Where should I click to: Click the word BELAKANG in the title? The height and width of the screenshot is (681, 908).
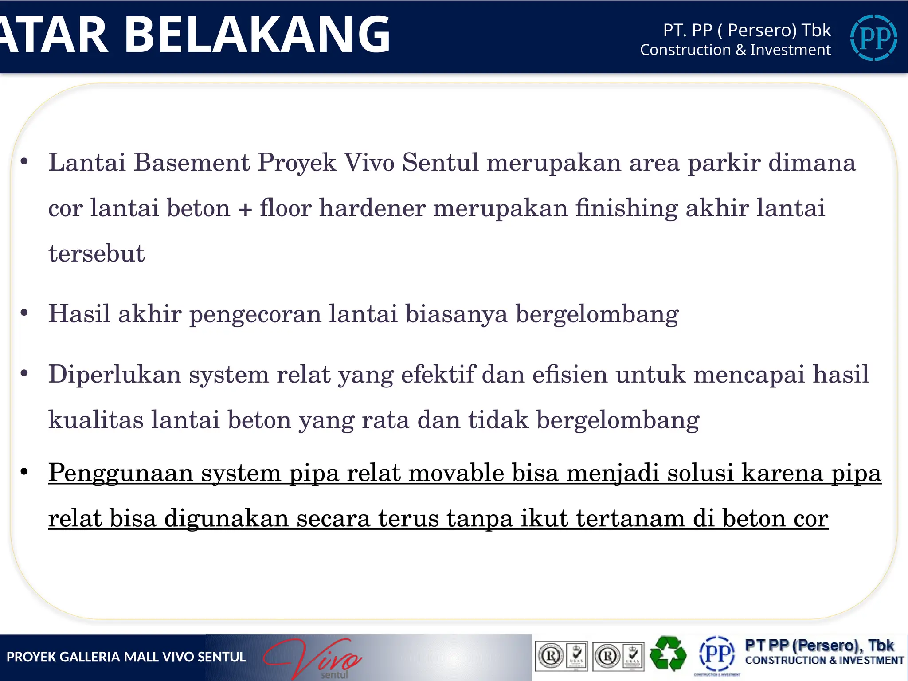257,35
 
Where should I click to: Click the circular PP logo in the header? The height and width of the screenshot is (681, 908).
873,38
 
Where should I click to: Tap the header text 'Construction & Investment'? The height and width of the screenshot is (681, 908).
735,50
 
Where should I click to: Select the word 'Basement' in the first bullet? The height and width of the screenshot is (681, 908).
192,162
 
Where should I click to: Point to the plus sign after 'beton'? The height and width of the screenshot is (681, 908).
245,208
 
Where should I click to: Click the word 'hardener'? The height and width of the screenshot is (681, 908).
372,208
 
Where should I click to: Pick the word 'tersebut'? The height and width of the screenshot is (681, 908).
97,254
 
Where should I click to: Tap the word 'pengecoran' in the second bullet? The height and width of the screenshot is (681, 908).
255,314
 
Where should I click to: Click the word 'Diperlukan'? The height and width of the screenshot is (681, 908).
114,374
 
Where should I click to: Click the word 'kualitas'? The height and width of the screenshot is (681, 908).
96,419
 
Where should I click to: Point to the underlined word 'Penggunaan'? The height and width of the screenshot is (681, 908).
121,473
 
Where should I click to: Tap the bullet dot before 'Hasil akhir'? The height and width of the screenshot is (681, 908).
24,313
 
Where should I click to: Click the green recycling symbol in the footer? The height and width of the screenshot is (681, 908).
668,654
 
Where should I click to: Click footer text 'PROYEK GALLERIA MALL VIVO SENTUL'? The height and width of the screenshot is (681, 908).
126,657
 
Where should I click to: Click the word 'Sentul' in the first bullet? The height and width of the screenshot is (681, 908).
440,162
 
